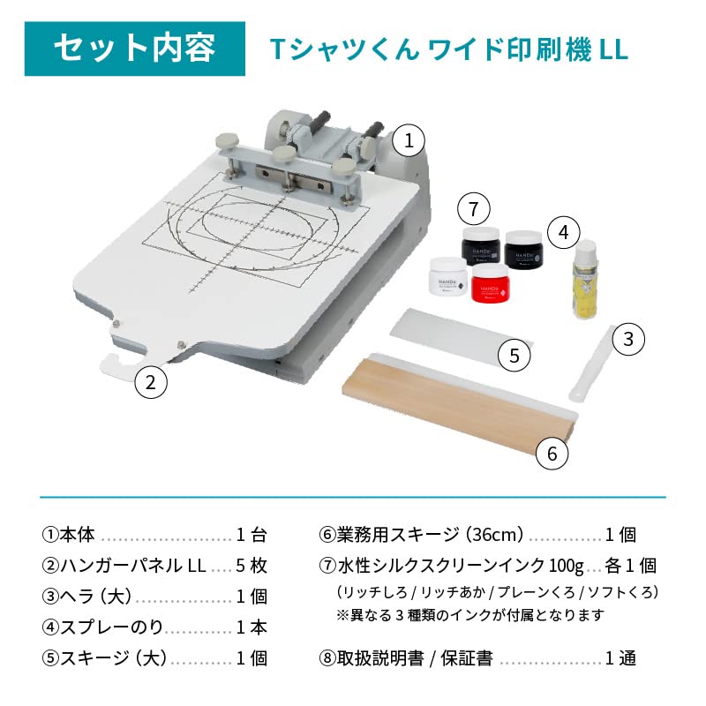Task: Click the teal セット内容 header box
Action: (134, 48)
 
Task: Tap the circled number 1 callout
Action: (409, 139)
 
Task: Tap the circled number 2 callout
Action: (151, 382)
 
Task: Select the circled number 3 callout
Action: (628, 339)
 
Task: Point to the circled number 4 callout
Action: (563, 232)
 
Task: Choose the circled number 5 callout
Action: (514, 356)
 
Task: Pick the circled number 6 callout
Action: (552, 454)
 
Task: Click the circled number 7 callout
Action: (474, 209)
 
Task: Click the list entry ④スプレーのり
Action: (103, 627)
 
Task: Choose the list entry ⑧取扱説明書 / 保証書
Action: (406, 658)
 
